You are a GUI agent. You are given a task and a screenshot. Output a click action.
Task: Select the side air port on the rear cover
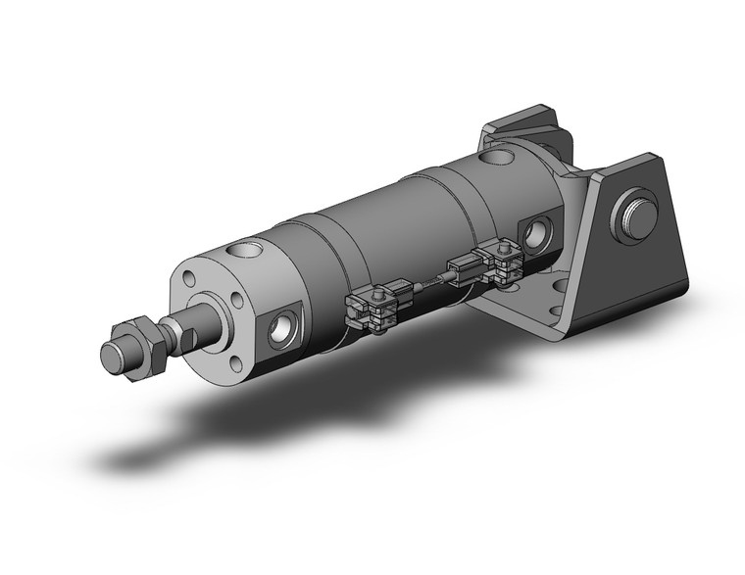tap(534, 233)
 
